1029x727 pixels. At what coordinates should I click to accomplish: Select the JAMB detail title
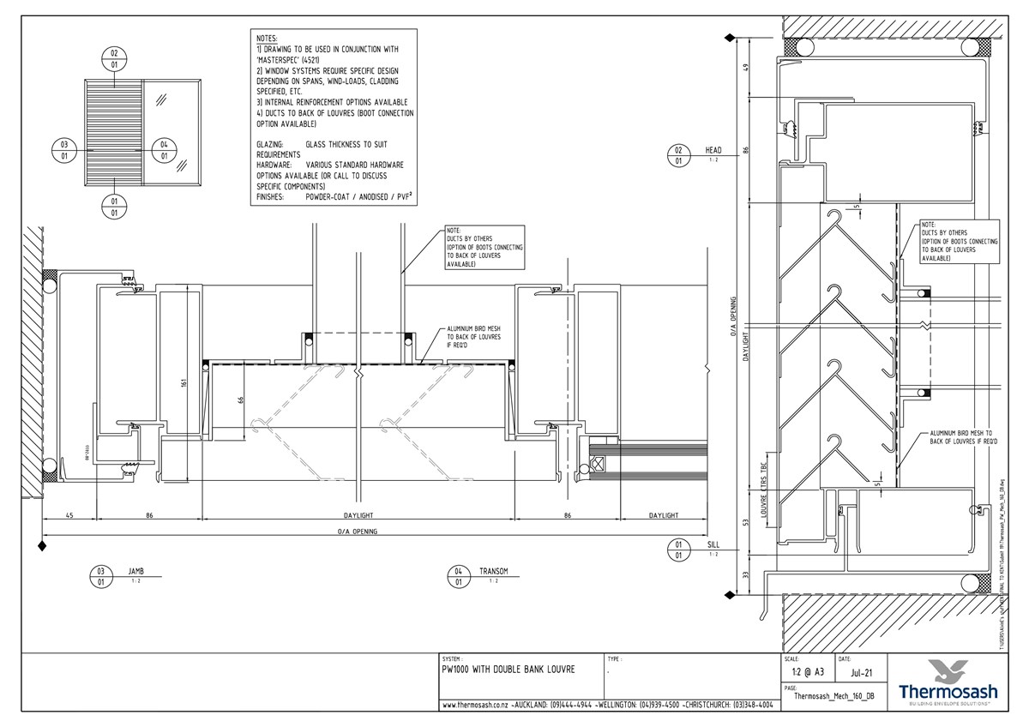point(136,570)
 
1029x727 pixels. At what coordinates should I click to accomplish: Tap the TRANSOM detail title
point(494,570)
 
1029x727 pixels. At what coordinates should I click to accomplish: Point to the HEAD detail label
point(713,149)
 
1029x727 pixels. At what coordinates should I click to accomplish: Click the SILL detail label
point(713,544)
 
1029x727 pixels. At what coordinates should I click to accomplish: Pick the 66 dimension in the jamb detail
point(241,399)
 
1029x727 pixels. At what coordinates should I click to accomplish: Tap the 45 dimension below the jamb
point(69,515)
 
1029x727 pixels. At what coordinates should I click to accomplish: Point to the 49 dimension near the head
point(746,68)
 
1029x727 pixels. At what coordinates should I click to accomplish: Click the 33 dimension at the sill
point(746,575)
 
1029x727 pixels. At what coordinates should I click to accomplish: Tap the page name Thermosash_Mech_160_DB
point(833,696)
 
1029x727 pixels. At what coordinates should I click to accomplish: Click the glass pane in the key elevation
point(170,133)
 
